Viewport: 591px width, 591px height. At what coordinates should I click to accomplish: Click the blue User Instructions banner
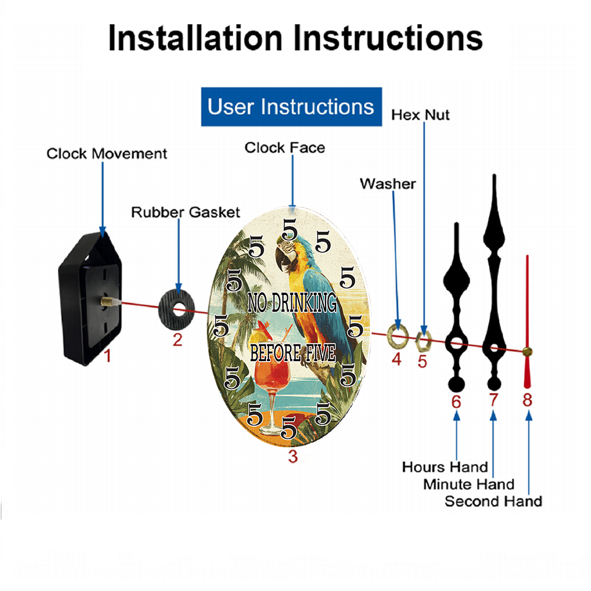(x=291, y=107)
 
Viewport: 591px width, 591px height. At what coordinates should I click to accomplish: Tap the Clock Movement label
(x=106, y=154)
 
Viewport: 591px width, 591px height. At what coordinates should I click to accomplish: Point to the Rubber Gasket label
(x=186, y=212)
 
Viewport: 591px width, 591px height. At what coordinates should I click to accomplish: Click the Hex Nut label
(x=420, y=115)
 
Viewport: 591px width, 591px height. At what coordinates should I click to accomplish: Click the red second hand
(x=527, y=319)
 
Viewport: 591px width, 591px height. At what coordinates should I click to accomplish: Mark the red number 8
(x=527, y=400)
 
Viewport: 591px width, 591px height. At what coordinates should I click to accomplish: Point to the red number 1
(x=108, y=356)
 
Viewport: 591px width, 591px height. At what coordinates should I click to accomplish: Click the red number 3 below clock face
(x=293, y=456)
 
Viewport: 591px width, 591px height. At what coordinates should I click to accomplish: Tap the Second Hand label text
(x=493, y=501)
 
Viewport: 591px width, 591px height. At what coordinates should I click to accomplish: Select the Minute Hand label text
(x=469, y=484)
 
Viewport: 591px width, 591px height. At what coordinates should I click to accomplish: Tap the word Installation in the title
(x=195, y=38)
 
